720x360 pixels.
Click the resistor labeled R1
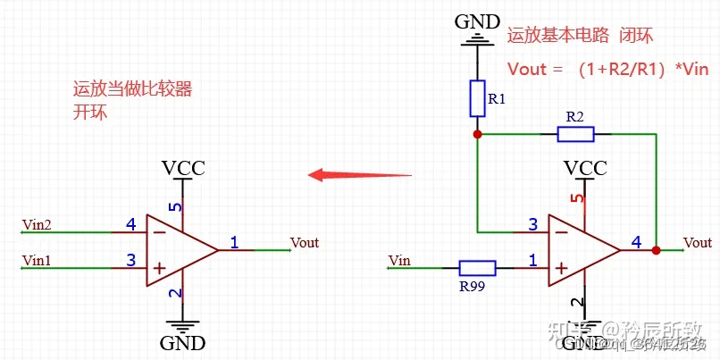point(477,98)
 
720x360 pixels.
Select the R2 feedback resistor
point(575,134)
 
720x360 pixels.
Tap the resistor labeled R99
point(477,267)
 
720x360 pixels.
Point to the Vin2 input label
point(37,224)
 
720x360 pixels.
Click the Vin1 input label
point(37,260)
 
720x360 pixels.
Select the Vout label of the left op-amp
point(305,242)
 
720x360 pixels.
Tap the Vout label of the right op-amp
point(697,242)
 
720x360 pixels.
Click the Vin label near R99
point(399,260)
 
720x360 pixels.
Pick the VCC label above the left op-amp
point(183,168)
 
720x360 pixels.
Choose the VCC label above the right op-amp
point(585,168)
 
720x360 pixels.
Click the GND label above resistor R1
point(477,20)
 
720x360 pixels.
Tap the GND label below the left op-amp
point(183,343)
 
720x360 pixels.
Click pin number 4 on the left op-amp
point(130,224)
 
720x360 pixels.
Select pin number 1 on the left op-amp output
point(234,241)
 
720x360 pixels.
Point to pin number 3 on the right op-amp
point(532,224)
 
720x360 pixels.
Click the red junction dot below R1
point(477,134)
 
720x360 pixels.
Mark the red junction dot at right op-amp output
point(657,250)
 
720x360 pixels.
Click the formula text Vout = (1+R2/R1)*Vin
point(607,69)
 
